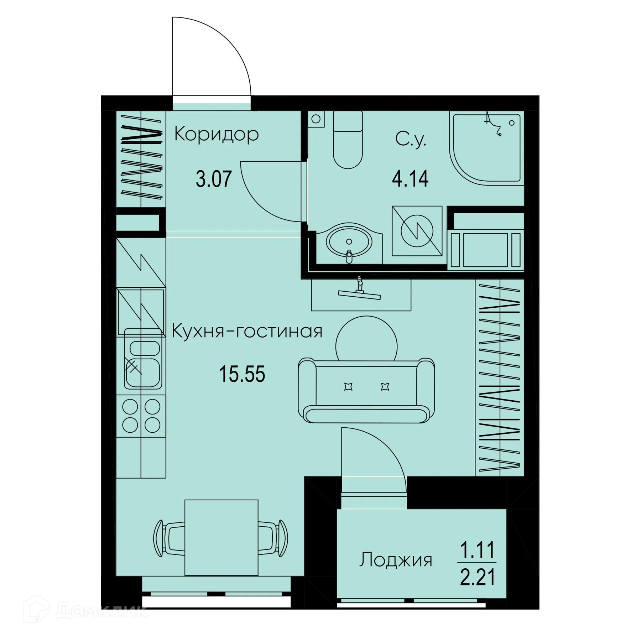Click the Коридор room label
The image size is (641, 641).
click(x=216, y=135)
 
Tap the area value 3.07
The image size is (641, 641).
click(x=214, y=179)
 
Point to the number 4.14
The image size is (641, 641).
click(x=410, y=179)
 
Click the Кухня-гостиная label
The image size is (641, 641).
click(x=247, y=332)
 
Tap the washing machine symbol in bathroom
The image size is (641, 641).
click(x=417, y=231)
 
